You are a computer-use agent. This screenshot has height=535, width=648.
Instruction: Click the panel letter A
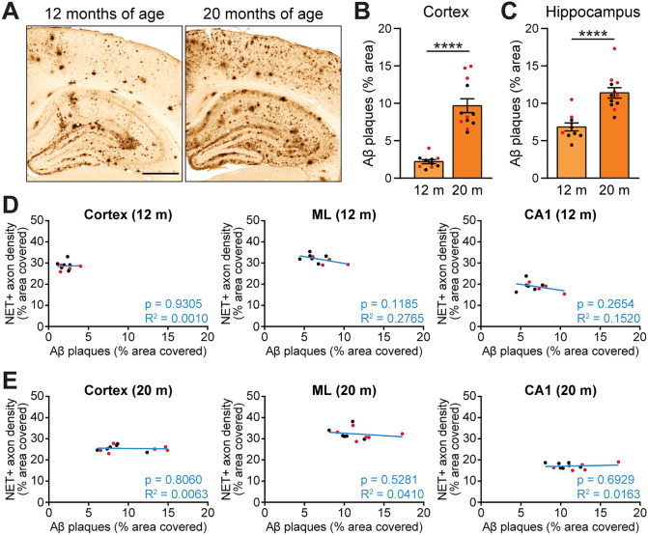click(x=12, y=12)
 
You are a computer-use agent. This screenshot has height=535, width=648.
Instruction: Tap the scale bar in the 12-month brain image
click(x=160, y=174)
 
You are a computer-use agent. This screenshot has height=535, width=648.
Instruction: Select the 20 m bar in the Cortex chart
click(x=467, y=142)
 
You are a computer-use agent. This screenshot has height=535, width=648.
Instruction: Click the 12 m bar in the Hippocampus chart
click(x=572, y=153)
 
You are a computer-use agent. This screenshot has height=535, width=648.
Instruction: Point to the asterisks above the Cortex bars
click(x=448, y=45)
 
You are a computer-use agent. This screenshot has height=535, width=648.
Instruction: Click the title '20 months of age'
click(x=263, y=14)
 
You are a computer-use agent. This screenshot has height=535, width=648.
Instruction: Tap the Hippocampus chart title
click(x=593, y=12)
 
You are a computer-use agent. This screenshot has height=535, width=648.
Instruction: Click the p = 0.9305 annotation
click(x=174, y=304)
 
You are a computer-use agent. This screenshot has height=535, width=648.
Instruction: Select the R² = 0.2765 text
click(x=392, y=318)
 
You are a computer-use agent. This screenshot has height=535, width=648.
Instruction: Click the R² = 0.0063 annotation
click(x=177, y=494)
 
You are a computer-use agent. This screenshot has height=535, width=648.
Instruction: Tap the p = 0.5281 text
click(x=389, y=480)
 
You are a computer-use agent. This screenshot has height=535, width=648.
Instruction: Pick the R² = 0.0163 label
click(x=608, y=494)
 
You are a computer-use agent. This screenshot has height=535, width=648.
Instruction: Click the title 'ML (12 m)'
click(x=344, y=214)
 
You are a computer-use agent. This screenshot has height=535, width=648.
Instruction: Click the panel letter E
click(x=10, y=380)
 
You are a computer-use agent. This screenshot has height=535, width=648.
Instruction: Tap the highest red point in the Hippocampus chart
click(x=614, y=48)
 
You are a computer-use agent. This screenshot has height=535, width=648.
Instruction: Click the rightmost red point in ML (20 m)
click(x=402, y=434)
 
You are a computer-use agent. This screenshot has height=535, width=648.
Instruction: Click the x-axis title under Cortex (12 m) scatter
click(x=128, y=352)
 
